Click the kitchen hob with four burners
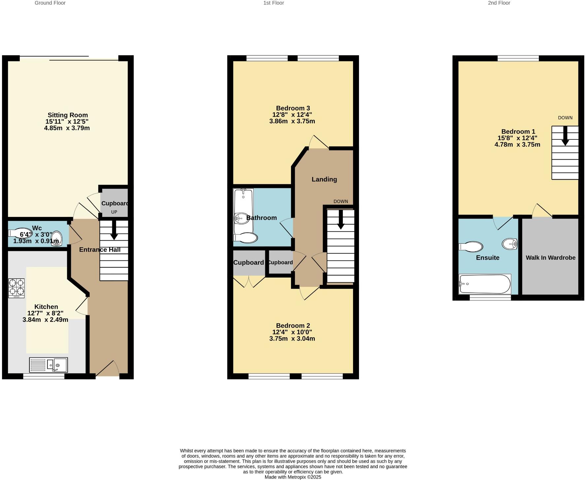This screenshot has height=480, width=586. coord(16,288)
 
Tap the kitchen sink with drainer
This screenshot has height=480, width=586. coord(49,365)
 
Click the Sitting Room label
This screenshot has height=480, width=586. coord(68,115)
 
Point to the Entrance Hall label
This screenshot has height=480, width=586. coord(100,250)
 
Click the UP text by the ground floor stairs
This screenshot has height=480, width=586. coord(114,212)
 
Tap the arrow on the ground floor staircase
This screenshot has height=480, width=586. coord(114,230)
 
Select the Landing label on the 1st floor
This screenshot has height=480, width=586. coord(324,179)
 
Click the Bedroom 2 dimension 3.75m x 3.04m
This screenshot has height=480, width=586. coord(292,339)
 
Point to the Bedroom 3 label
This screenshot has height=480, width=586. coord(293,108)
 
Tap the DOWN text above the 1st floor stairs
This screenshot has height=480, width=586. coord(341,201)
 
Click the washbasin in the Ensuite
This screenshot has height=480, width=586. coord(509,244)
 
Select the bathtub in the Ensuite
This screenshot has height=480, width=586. coord(485,284)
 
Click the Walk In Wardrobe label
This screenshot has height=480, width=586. coord(550,258)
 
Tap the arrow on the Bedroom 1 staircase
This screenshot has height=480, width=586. coord(565,136)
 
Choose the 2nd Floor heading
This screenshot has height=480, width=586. coord(499,3)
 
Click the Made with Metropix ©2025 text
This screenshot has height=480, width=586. coord(293,477)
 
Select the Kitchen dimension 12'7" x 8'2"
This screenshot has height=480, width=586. coord(45,313)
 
